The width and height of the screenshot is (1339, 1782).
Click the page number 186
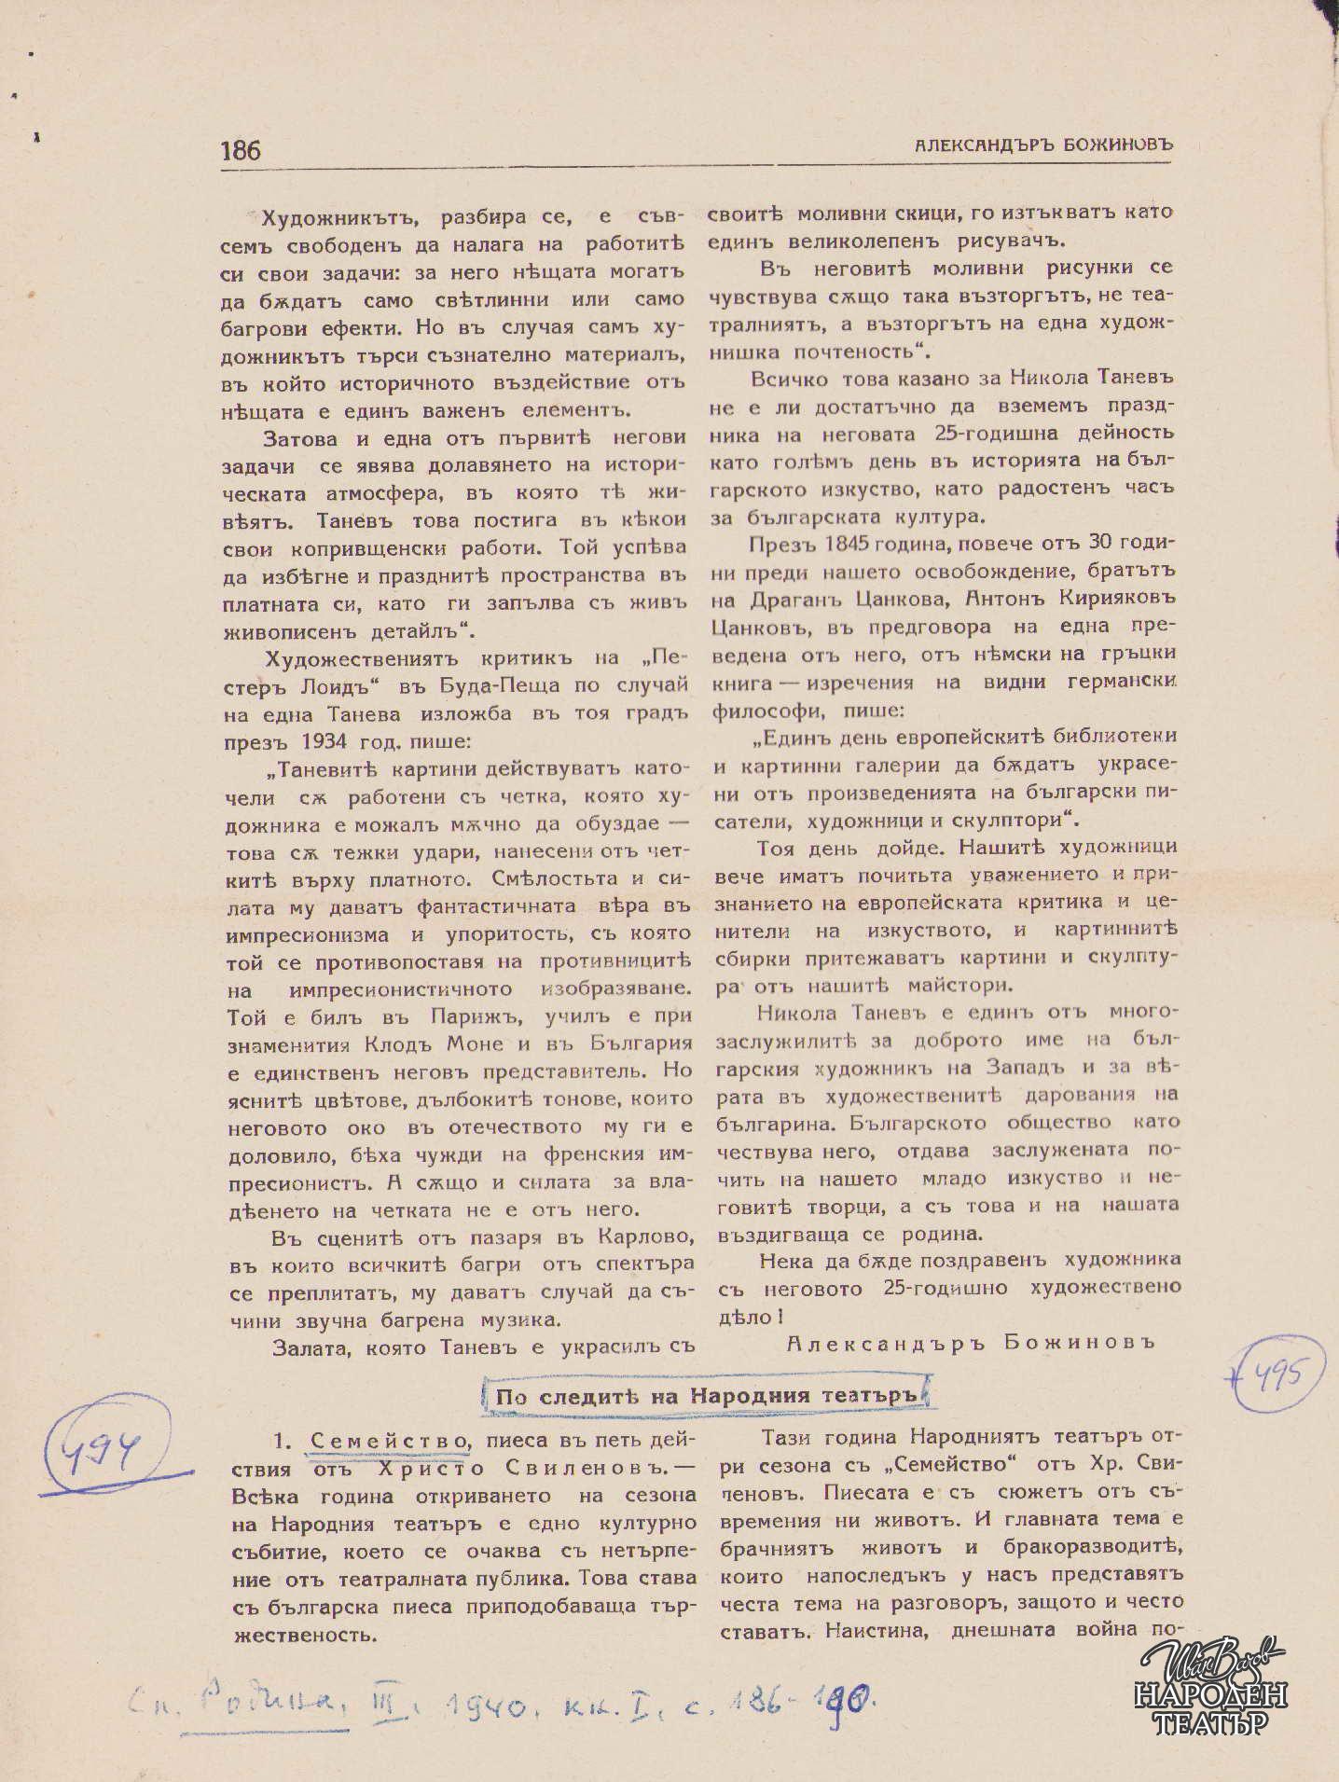241,150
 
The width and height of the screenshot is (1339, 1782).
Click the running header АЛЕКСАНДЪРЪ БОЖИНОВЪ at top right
1042,145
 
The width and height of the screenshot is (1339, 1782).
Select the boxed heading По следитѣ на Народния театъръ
707,1395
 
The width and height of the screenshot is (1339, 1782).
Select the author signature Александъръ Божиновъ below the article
970,1342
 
